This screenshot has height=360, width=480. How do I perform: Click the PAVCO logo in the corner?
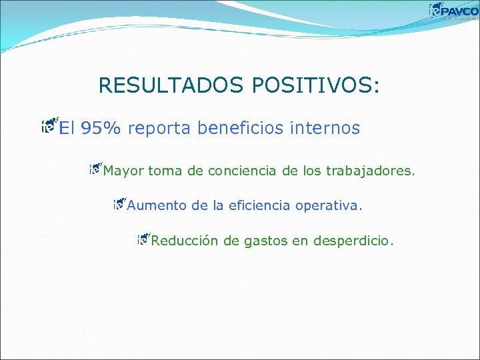click(453, 11)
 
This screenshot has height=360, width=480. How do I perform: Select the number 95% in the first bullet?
click(100, 128)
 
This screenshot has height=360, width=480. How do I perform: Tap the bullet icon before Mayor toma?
click(95, 169)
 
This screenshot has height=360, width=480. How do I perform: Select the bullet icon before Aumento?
click(119, 203)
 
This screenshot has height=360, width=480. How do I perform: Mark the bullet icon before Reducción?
click(143, 238)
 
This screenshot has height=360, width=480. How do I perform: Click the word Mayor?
click(123, 171)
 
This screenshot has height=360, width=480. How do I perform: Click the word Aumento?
click(157, 206)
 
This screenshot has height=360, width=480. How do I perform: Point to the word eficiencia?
click(259, 206)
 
